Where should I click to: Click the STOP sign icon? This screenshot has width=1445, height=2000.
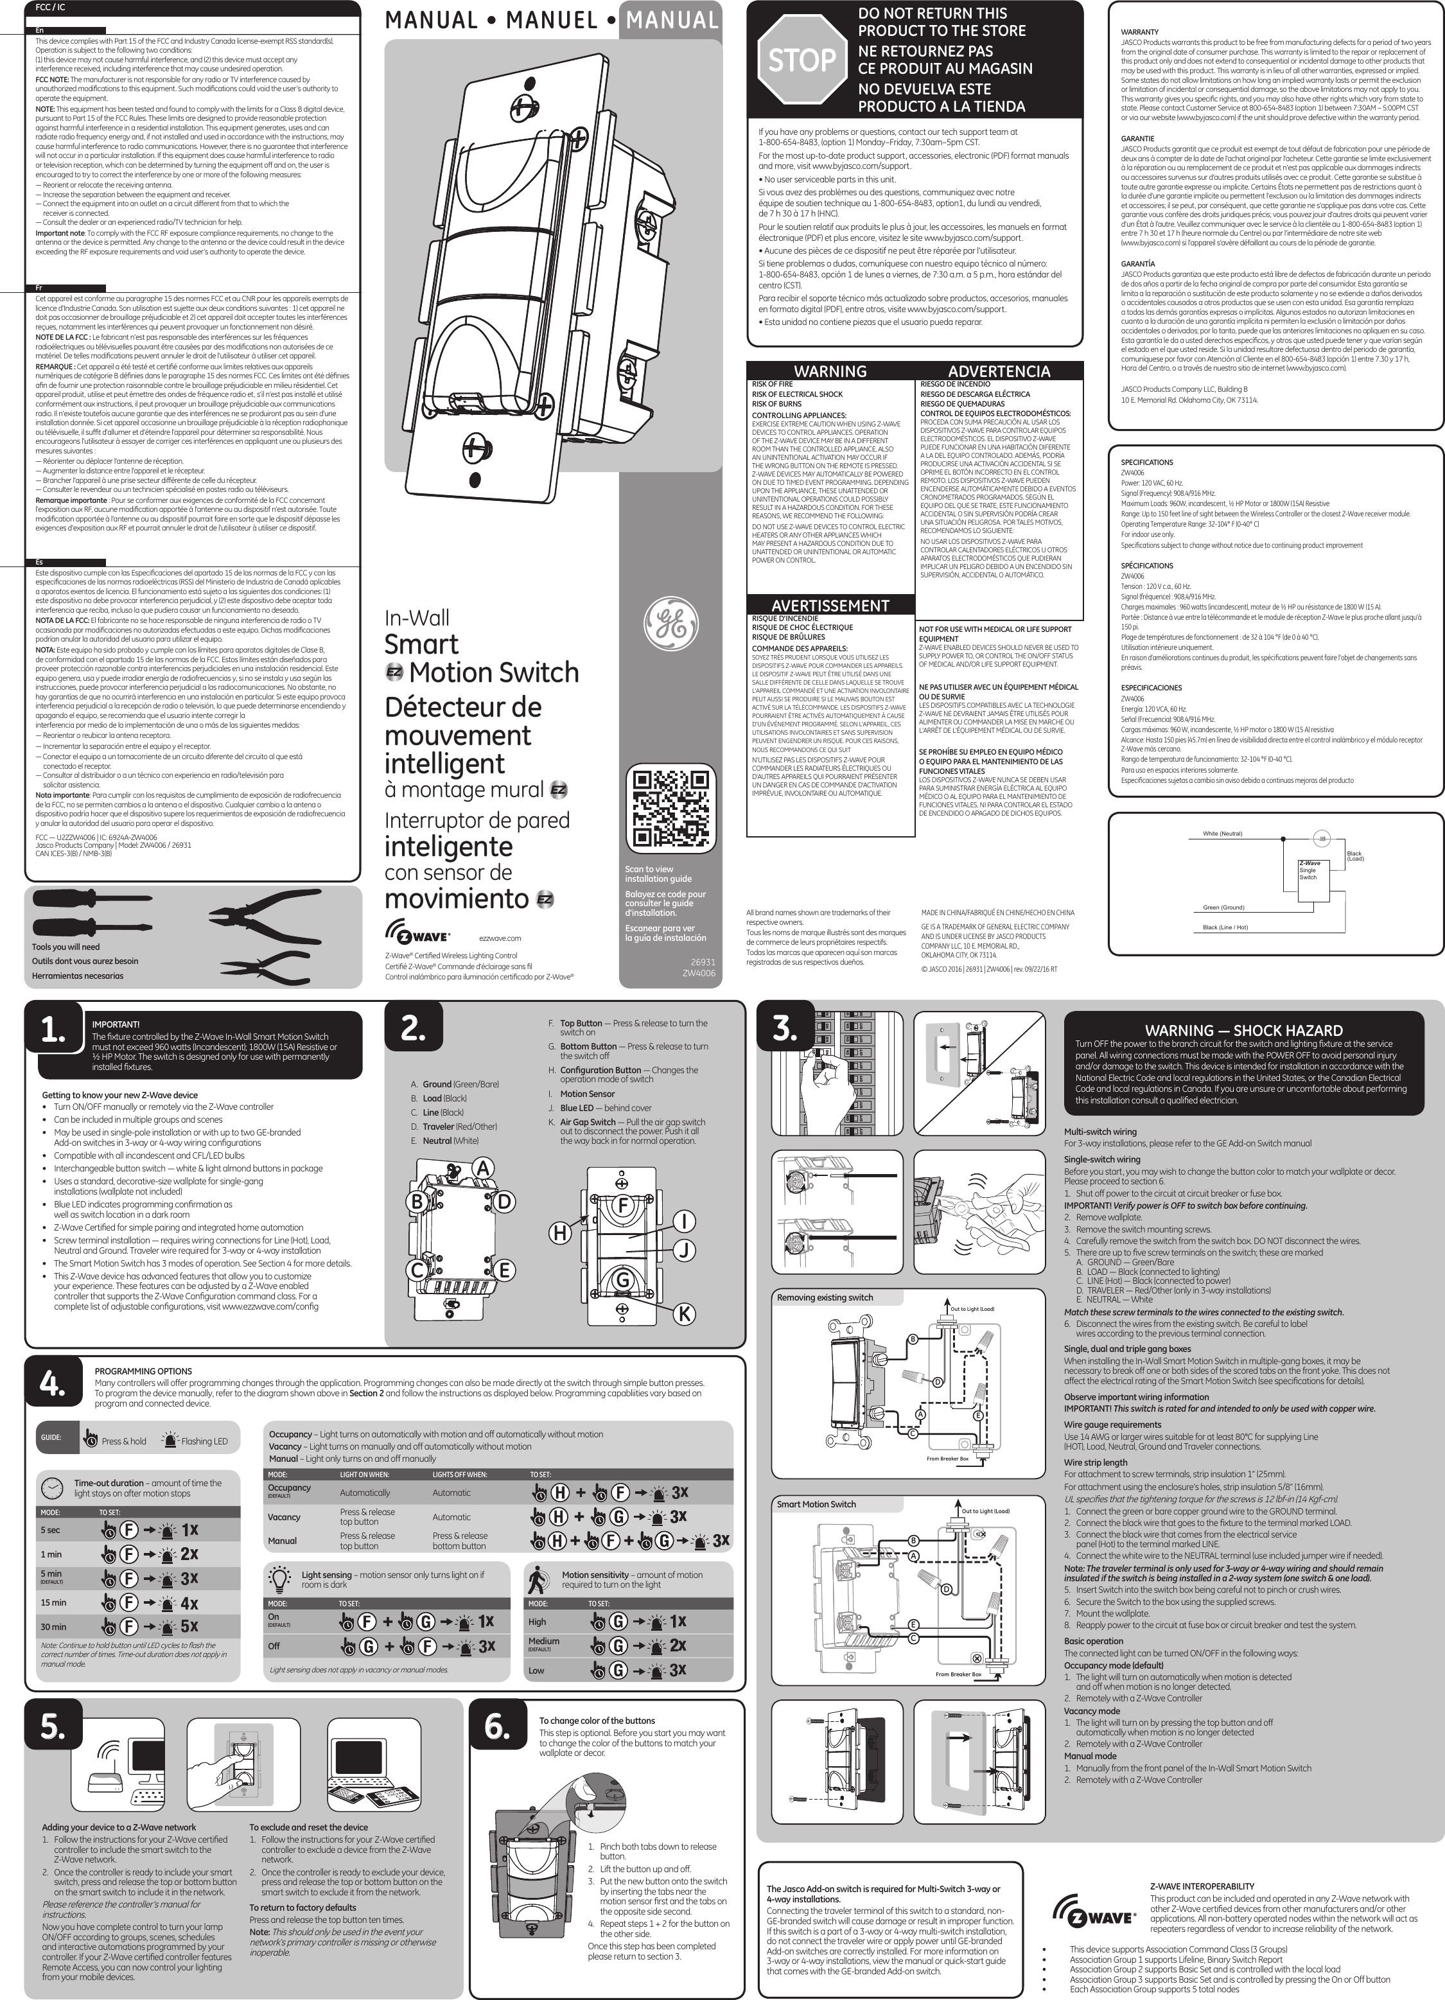click(801, 60)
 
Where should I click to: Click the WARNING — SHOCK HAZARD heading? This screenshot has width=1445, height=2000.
click(1243, 1030)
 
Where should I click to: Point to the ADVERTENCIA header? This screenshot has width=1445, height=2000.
click(999, 371)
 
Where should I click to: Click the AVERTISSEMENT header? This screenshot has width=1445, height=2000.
click(830, 605)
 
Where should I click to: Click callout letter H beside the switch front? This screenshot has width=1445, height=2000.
click(559, 1234)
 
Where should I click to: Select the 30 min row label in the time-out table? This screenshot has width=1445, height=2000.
click(53, 1627)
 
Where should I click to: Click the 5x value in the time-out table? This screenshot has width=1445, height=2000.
click(189, 1626)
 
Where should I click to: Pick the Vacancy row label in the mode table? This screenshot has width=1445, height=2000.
click(284, 1517)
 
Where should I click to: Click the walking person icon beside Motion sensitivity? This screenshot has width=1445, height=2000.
click(538, 1579)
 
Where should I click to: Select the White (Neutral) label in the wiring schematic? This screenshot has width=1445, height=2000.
click(1222, 834)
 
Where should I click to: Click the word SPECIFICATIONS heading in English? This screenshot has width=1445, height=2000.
click(1146, 462)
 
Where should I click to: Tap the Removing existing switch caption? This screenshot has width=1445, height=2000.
click(825, 1297)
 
